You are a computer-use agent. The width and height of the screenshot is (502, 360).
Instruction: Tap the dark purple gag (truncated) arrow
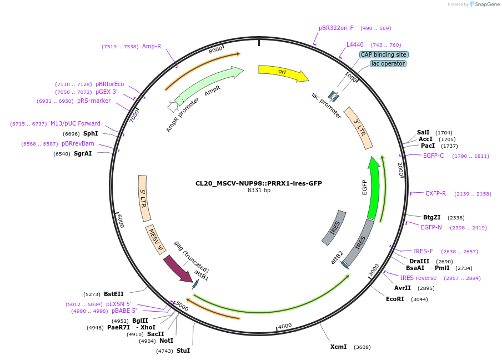pyautogui.click(x=178, y=268)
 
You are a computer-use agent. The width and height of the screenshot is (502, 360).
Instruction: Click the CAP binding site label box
pyautogui.click(x=384, y=54)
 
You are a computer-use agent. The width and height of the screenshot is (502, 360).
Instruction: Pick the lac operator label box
pyautogui.click(x=388, y=64)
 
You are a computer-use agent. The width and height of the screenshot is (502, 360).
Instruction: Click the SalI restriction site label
pyautogui.click(x=423, y=132)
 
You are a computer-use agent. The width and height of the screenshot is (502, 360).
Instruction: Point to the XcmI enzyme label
pyautogui.click(x=338, y=347)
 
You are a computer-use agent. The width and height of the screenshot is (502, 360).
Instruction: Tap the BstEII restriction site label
pyautogui.click(x=114, y=294)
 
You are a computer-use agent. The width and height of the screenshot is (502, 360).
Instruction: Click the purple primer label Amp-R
pyautogui.click(x=152, y=46)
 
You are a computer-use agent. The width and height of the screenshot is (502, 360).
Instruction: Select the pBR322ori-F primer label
pyautogui.click(x=336, y=28)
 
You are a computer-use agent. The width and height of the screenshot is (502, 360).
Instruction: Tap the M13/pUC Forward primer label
pyautogui.click(x=76, y=123)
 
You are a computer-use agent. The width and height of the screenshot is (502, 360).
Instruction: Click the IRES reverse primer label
pyautogui.click(x=418, y=278)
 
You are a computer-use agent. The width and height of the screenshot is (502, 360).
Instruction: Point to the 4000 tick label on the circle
pyautogui.click(x=285, y=326)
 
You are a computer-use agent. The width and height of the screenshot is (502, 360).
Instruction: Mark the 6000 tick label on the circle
pyautogui.click(x=120, y=220)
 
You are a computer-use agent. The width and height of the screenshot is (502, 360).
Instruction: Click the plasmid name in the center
pyautogui.click(x=259, y=183)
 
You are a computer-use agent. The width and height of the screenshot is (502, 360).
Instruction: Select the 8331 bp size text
pyautogui.click(x=259, y=191)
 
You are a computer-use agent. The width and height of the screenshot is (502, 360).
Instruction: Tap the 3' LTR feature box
pyautogui.click(x=358, y=128)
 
